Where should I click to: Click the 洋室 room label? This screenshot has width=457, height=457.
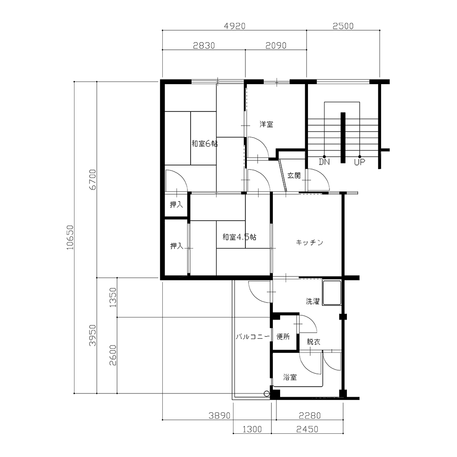[x=266, y=124]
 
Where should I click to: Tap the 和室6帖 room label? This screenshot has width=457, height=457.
[x=205, y=143]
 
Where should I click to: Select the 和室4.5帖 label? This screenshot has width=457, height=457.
[x=239, y=237]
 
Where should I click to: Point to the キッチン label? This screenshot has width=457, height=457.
[x=309, y=243]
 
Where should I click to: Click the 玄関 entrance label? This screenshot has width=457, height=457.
[x=294, y=175]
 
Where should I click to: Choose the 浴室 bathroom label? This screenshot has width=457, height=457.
[x=290, y=377]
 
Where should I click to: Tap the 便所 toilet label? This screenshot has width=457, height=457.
[x=283, y=337]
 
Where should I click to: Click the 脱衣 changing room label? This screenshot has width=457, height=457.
[x=314, y=342]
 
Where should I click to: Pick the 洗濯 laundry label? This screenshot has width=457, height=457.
[x=313, y=301]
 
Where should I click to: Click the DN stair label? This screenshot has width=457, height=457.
[x=324, y=162]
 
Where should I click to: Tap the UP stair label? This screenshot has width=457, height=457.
[x=359, y=162]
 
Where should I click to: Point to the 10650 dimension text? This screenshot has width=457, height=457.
[x=70, y=237]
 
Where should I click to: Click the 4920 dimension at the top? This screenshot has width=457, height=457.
[x=234, y=26]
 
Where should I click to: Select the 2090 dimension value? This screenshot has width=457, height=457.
[x=276, y=46]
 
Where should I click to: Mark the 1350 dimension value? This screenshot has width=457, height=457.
[x=113, y=298]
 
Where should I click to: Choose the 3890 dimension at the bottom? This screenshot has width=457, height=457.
[x=219, y=415]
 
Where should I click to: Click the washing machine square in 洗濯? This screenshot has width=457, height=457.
[x=332, y=292]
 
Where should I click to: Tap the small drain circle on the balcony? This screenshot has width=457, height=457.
[x=266, y=394]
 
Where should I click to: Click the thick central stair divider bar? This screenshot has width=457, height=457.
[x=343, y=138]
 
